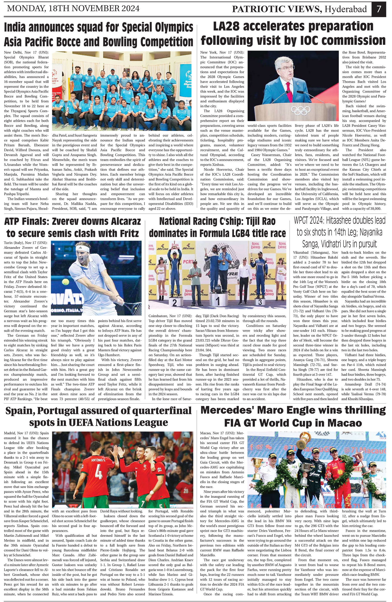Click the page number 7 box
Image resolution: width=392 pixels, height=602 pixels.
click(379, 9)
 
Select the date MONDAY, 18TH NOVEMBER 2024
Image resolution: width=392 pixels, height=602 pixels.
click(73, 9)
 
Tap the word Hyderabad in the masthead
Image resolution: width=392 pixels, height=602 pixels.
click(346, 9)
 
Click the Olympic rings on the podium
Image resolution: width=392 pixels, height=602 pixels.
click(300, 110)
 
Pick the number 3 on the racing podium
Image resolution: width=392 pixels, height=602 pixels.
click(260, 302)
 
